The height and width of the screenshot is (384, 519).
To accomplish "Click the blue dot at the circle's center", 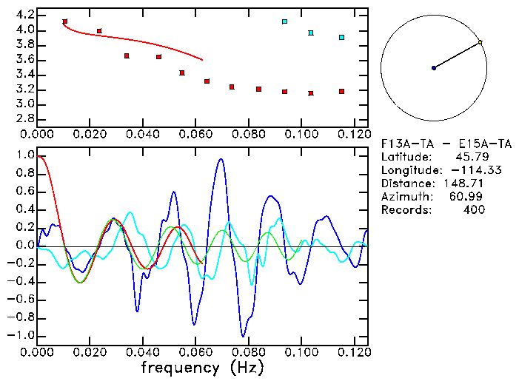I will (x=434, y=68).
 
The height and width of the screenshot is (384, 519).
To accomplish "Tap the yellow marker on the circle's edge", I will (x=481, y=42).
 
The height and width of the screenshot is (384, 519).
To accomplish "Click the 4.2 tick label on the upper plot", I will (x=24, y=15).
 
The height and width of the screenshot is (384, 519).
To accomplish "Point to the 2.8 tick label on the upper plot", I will (x=24, y=119).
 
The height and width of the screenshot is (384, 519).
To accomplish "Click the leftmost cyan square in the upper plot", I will (x=284, y=22).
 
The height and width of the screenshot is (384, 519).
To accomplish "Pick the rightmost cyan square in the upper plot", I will (x=341, y=37).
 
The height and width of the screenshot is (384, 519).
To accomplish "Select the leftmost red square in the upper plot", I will (x=65, y=22).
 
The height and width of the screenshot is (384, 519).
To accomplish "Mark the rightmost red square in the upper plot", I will (x=341, y=91).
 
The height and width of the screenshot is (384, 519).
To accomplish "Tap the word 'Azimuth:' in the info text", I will (x=406, y=197).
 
